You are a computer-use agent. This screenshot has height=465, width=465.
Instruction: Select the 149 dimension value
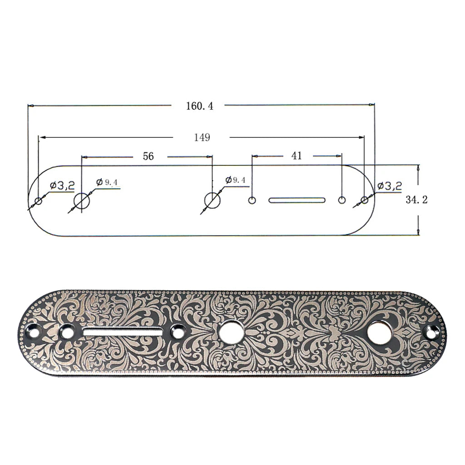(x=202, y=138)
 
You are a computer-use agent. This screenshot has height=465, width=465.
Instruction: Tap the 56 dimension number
(x=148, y=157)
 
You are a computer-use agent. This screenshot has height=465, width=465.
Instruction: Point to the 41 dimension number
(x=297, y=156)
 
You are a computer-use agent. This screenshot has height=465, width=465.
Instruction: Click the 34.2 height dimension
(x=417, y=199)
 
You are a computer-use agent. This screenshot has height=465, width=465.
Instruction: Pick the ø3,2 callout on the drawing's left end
(x=62, y=185)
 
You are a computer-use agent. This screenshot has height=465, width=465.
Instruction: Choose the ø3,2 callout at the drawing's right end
(x=390, y=185)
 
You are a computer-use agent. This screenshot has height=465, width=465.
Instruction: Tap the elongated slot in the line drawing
(x=297, y=200)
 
